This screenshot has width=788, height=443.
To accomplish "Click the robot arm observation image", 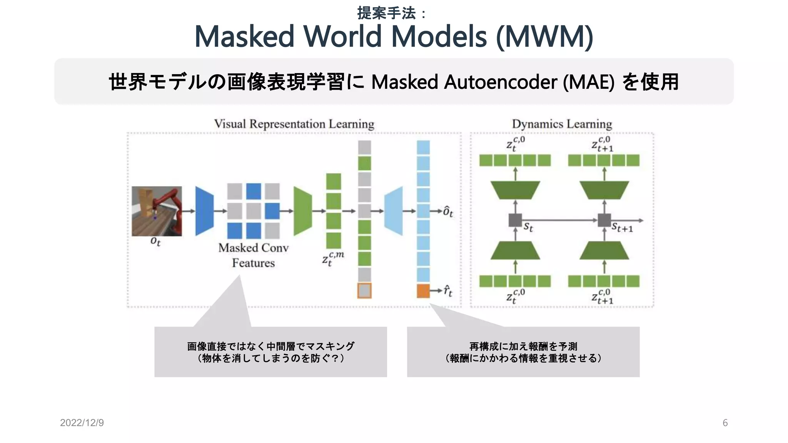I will pos(157,211).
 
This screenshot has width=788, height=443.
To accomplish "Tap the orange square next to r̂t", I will pos(423,291).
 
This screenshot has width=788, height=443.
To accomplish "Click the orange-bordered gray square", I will pos(364,291).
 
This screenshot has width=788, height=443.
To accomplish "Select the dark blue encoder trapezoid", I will pos(204,211).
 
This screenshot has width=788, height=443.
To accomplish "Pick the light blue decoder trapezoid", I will pos(394,211).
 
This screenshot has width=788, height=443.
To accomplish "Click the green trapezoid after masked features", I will pos(303,211).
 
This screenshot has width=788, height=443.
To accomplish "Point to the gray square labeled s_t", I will pos(515,220).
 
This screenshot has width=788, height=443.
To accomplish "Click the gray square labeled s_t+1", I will pos(604,220).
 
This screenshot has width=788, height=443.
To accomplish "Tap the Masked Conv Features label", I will pos(253,255).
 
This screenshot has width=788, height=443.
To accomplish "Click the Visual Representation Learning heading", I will pos(294,124).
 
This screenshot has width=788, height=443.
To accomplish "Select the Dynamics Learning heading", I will pos(562,124).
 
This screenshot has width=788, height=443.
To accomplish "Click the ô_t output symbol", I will pos(448,212).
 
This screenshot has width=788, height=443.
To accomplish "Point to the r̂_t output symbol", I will pos(448,291).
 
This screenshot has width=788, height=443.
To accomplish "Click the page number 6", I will pos(725,423).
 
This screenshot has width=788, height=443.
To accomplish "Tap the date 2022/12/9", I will pos(82,423).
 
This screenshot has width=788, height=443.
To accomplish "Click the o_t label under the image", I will pos(155,241).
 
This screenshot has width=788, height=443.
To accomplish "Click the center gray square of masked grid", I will pos(254,211).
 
